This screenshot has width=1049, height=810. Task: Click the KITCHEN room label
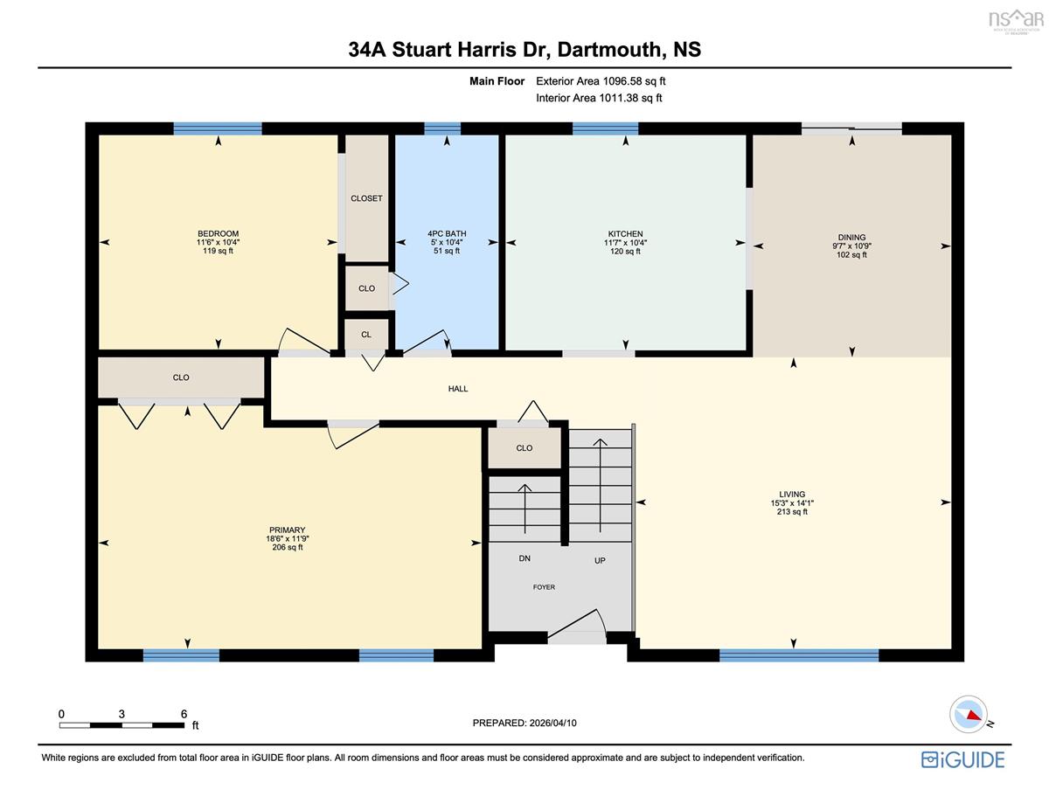click(625, 233)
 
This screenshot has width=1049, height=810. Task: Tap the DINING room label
click(851, 238)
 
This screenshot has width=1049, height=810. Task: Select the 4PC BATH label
click(447, 233)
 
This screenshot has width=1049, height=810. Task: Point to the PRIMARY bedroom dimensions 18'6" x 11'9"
click(288, 538)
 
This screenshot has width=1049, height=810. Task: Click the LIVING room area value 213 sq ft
click(792, 511)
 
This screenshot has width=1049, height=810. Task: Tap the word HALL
click(458, 388)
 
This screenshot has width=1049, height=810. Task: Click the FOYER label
click(544, 587)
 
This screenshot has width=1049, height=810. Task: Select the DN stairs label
click(524, 558)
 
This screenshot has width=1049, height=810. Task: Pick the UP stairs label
click(600, 561)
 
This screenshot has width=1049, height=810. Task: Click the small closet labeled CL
click(366, 334)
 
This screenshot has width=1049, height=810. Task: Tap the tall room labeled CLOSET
click(366, 197)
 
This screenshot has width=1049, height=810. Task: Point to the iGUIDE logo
click(962, 759)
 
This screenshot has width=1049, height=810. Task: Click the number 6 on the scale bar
click(184, 714)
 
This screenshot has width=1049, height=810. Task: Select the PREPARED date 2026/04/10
click(552, 723)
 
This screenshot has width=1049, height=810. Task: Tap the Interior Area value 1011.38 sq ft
click(630, 98)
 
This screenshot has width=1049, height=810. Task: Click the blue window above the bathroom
click(442, 128)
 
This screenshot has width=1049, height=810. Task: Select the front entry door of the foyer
click(576, 627)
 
